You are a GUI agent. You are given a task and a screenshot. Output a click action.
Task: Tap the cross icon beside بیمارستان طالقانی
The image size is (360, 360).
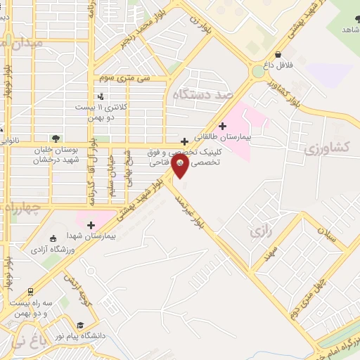(223, 127)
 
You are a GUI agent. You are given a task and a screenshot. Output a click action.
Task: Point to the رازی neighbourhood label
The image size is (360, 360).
(261, 231)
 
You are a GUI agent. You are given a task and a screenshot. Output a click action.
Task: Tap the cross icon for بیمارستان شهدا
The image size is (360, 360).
(91, 225)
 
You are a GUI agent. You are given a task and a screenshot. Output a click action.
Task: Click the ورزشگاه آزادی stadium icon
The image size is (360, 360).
(54, 239)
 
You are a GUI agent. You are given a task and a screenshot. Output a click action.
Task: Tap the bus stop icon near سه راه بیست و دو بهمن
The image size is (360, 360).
(30, 290)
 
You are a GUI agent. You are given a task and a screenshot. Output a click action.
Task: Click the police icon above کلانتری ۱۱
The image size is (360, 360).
(101, 96)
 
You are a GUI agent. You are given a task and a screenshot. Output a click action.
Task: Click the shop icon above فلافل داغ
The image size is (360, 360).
(278, 54)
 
